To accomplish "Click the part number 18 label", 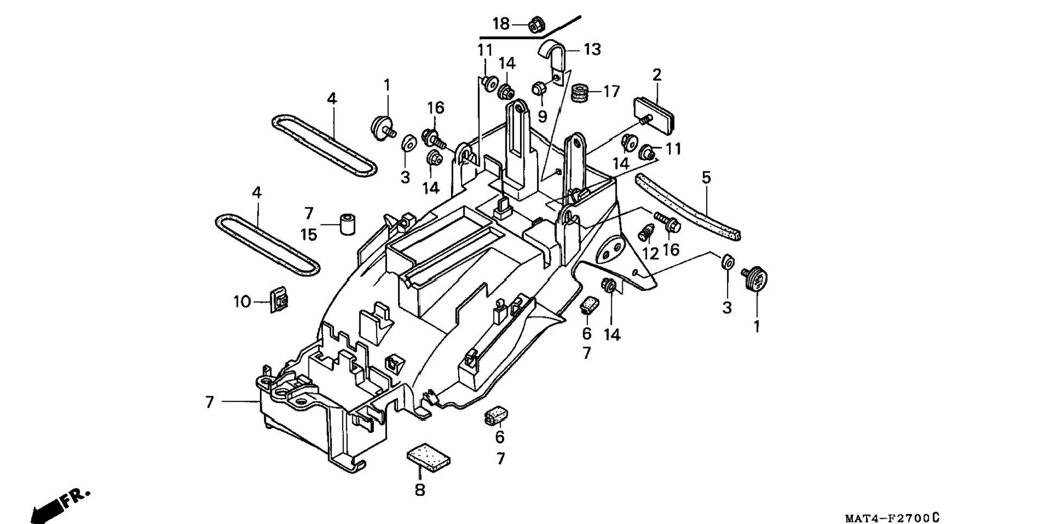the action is (x=501, y=24).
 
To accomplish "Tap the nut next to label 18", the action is (x=536, y=24).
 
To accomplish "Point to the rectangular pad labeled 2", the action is (x=656, y=115).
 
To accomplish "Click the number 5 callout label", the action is (x=706, y=178).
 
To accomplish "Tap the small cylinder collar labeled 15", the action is (x=347, y=224).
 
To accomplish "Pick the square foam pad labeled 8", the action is (x=428, y=455).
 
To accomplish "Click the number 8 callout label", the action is (x=420, y=490).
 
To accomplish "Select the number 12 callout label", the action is (x=650, y=253).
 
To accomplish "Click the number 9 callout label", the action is (x=542, y=116).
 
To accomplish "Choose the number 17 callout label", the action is (x=611, y=92).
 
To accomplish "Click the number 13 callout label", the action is (x=592, y=49).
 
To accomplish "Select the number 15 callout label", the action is (x=309, y=235).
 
